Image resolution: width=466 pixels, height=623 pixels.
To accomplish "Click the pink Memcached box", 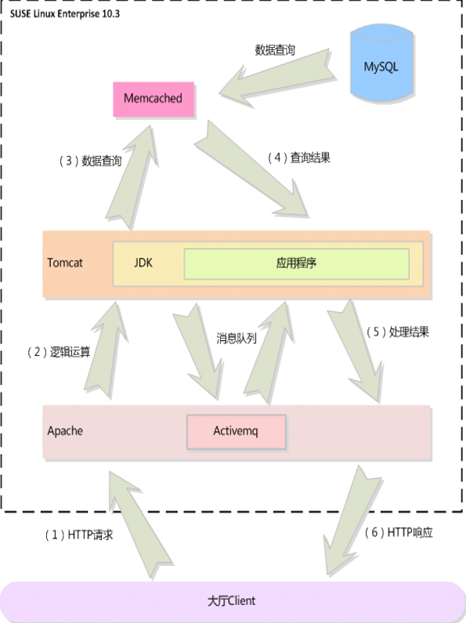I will tap(153, 99).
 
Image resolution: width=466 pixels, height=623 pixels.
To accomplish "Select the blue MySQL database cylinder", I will tap(381, 66).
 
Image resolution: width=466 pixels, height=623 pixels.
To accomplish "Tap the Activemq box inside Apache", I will tap(236, 431).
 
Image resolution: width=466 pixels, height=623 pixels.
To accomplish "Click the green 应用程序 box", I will tap(296, 263).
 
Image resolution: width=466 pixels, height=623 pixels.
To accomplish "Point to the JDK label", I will tap(143, 263).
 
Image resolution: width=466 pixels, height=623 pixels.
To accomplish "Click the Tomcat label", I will tap(65, 263).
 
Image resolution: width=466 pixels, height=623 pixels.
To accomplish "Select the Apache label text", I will tap(65, 431).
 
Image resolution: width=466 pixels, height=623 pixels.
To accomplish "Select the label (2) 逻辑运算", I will tap(60, 352).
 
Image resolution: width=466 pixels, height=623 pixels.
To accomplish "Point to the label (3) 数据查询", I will tap(91, 161).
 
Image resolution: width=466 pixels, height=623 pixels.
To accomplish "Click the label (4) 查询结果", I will tap(299, 158).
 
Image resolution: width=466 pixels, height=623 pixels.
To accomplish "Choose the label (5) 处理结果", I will tap(397, 331).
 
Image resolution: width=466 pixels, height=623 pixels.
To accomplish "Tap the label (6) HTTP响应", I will tap(399, 533).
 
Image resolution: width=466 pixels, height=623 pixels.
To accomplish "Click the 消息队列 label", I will tap(237, 339).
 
